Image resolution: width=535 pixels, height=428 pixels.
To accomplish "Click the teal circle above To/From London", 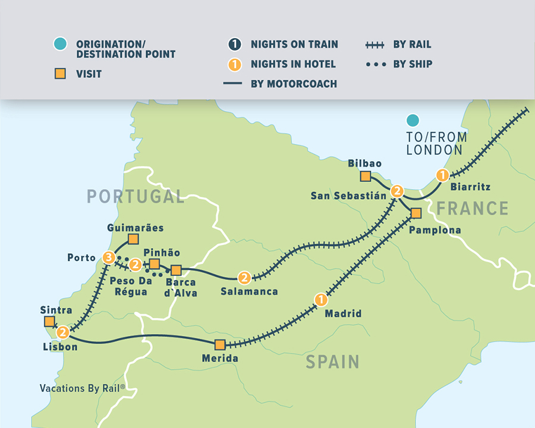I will point(412,121).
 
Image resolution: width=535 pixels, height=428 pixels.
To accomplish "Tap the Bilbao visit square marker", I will point(365,176).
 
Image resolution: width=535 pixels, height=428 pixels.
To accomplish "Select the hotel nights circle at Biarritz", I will point(442,175).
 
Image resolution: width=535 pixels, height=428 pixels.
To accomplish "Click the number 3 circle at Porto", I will point(108,257).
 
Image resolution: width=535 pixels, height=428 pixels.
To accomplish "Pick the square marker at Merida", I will point(220,344).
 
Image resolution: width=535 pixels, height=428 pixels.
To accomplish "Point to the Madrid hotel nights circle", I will point(320,299).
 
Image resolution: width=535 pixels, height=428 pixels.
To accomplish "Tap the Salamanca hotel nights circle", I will point(244,278).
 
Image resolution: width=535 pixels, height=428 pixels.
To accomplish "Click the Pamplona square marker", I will point(416,213).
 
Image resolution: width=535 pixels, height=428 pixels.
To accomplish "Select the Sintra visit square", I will point(49,322).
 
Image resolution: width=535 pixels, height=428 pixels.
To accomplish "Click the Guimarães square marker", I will point(133,240).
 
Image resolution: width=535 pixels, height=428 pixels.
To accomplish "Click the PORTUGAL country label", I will point(136,196).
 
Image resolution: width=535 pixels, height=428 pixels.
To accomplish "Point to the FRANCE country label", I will point(473,208).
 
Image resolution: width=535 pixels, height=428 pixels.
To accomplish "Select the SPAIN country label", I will point(332,361).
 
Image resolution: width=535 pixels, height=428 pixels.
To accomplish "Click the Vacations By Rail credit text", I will point(83,388).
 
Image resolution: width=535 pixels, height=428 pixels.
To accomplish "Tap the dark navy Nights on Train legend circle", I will point(234,45).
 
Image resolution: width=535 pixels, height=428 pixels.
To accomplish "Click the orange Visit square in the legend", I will point(59,74).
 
